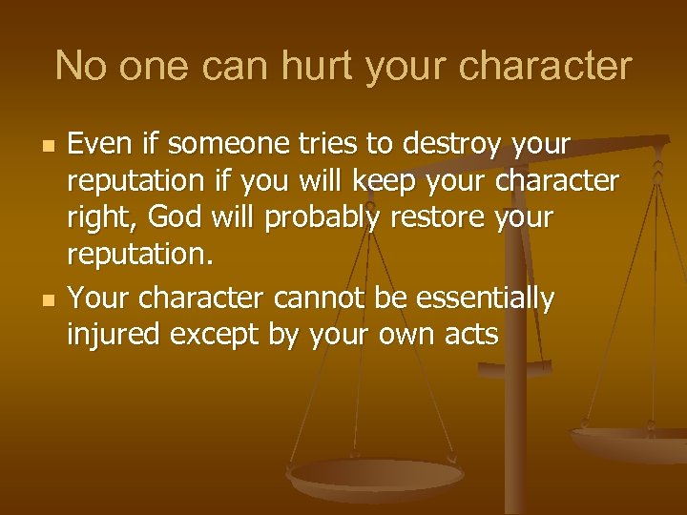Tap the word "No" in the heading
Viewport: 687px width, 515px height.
pos(75,67)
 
